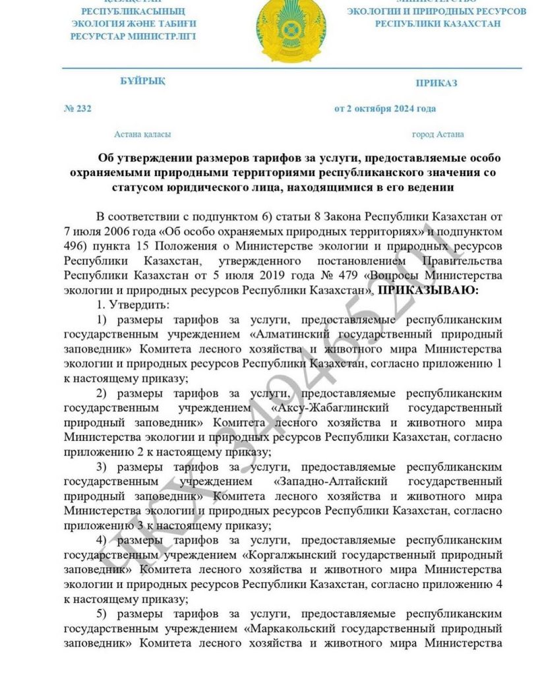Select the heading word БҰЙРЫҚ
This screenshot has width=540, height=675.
coord(142,82)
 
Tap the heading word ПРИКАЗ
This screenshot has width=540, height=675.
coord(436,83)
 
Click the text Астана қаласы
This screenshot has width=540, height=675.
coord(142,134)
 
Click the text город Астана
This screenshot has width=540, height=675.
coord(438,134)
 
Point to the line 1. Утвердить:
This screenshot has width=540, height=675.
coord(123,305)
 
